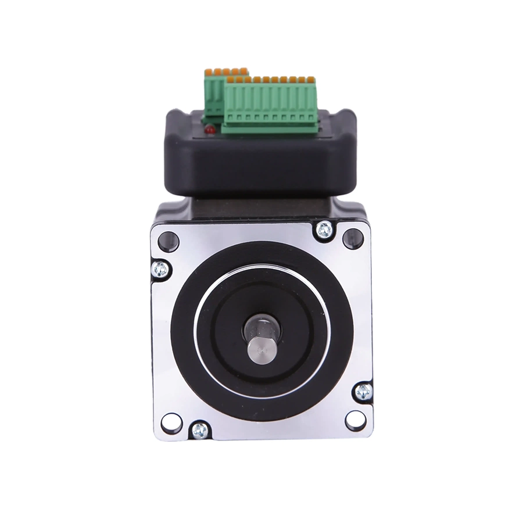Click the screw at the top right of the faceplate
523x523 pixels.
coord(324,231)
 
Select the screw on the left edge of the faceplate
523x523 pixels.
coord(160,270)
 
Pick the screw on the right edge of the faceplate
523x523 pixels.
coord(363,391)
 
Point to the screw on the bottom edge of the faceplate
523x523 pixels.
coord(199,430)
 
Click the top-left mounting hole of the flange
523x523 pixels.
coord(168,240)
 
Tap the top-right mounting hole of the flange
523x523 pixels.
coord(353,238)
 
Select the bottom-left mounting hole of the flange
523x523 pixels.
coord(171,422)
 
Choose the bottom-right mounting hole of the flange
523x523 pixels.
coord(355,420)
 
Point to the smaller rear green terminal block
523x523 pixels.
coord(213,96)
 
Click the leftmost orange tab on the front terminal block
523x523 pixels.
coord(230,79)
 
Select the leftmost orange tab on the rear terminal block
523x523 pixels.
coord(208,73)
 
